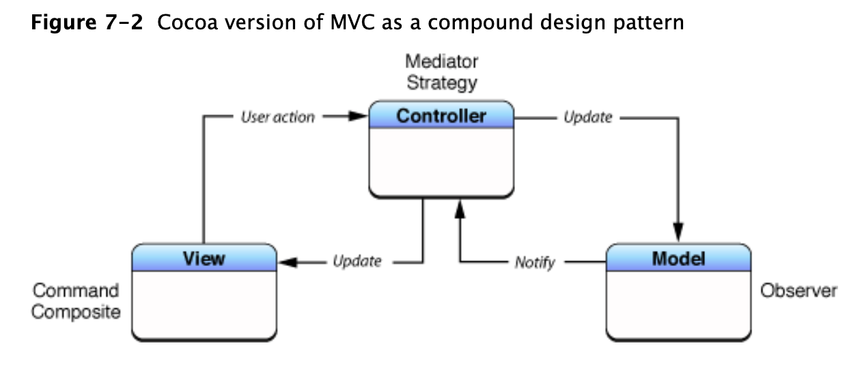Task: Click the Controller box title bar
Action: pyautogui.click(x=441, y=116)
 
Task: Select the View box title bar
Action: pyautogui.click(x=204, y=259)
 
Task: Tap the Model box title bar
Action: pyautogui.click(x=678, y=259)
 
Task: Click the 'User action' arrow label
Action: pyautogui.click(x=278, y=117)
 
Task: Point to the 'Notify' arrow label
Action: pyautogui.click(x=535, y=263)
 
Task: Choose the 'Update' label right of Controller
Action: pyautogui.click(x=587, y=117)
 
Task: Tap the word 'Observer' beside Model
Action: pyautogui.click(x=798, y=291)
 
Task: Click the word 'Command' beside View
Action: pyautogui.click(x=76, y=291)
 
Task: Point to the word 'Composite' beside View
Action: pyautogui.click(x=76, y=313)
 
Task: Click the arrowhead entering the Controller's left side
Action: pyautogui.click(x=359, y=117)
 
